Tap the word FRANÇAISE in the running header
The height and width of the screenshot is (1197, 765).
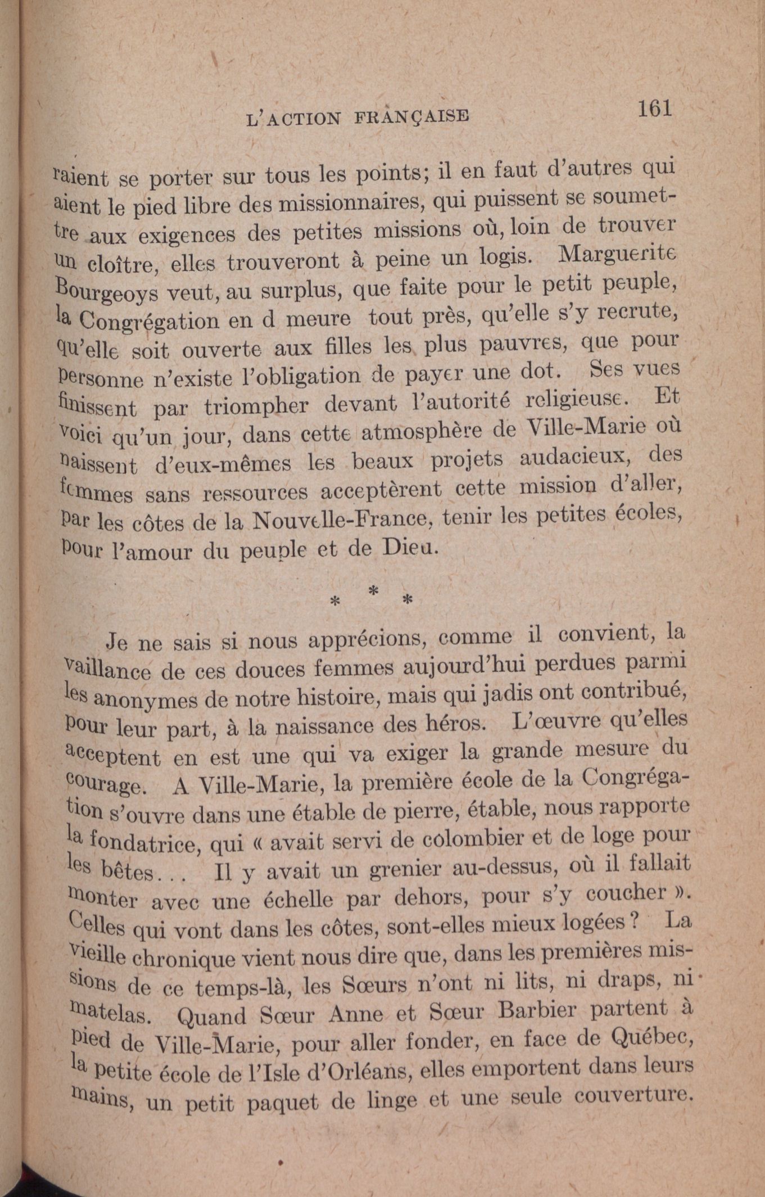[411, 116]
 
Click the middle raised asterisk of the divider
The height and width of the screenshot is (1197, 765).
[374, 591]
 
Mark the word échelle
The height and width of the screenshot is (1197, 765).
[302, 900]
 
